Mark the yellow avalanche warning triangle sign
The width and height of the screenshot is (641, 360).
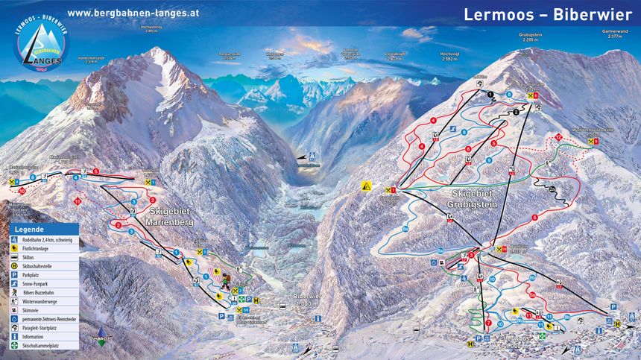pyautogui.click(x=367, y=186)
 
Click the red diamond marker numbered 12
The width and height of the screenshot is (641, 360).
pyautogui.click(x=558, y=137)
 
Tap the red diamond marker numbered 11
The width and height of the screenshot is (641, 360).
pyautogui.click(x=78, y=201)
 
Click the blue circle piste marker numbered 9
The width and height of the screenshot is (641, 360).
pyautogui.click(x=490, y=160)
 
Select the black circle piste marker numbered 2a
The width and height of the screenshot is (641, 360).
pyautogui.click(x=552, y=189)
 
